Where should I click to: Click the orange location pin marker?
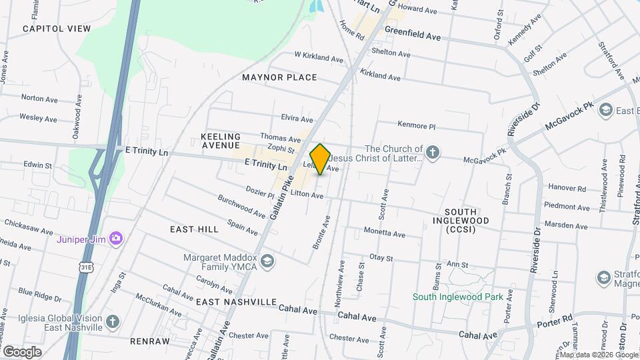[320, 159]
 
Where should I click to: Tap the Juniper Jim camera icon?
[117, 238]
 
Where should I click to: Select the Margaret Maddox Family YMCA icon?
[267, 260]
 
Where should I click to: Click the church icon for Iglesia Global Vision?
[113, 322]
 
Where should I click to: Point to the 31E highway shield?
[86, 267]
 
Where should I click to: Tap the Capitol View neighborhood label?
[56, 29]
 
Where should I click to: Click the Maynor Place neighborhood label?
[279, 77]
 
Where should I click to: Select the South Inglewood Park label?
[457, 297]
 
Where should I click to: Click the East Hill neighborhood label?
[194, 229]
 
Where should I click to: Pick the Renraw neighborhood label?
[150, 341]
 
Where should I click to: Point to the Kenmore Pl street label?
[416, 125]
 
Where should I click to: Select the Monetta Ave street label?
[384, 233]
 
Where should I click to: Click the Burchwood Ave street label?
[241, 206]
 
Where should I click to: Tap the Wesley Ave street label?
[38, 118]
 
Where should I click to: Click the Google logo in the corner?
[22, 351]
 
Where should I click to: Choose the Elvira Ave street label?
[297, 119]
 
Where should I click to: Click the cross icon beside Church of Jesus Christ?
[433, 153]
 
